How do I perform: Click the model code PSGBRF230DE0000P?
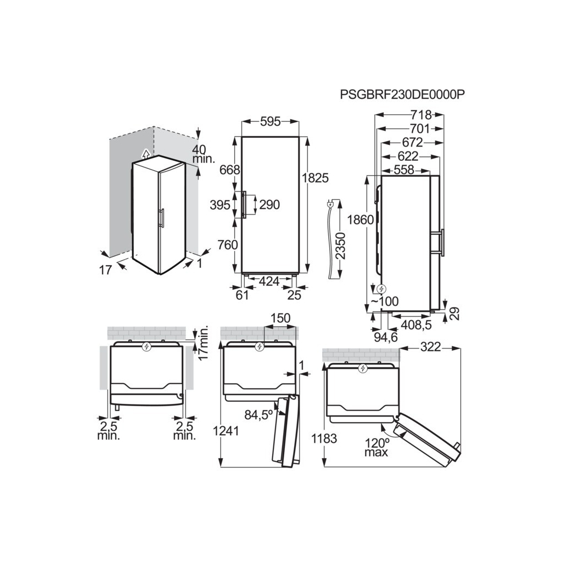[402, 94]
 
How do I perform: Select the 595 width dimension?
[271, 122]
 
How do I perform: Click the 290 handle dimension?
[269, 205]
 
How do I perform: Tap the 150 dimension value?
[280, 319]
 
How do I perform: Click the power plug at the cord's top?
[330, 205]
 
